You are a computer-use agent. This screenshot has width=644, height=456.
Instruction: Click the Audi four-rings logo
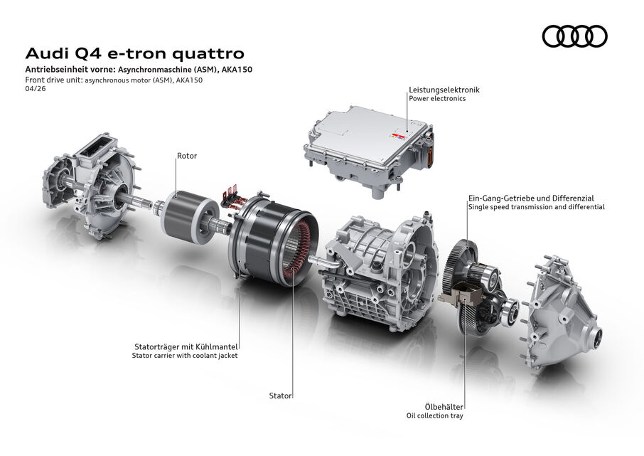click(x=574, y=36)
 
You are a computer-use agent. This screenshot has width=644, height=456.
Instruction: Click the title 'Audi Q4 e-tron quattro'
click(x=135, y=53)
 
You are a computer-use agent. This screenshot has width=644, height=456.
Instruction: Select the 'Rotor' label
click(x=187, y=155)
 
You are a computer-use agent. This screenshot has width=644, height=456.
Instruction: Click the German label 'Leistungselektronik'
click(x=444, y=90)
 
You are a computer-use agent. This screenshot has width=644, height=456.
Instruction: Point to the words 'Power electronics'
click(x=436, y=100)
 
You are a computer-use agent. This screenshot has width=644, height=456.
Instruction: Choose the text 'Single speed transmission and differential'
click(x=535, y=207)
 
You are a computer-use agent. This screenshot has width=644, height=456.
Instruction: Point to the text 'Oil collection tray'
click(x=434, y=415)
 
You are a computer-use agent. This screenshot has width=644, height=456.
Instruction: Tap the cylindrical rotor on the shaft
click(x=188, y=213)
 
